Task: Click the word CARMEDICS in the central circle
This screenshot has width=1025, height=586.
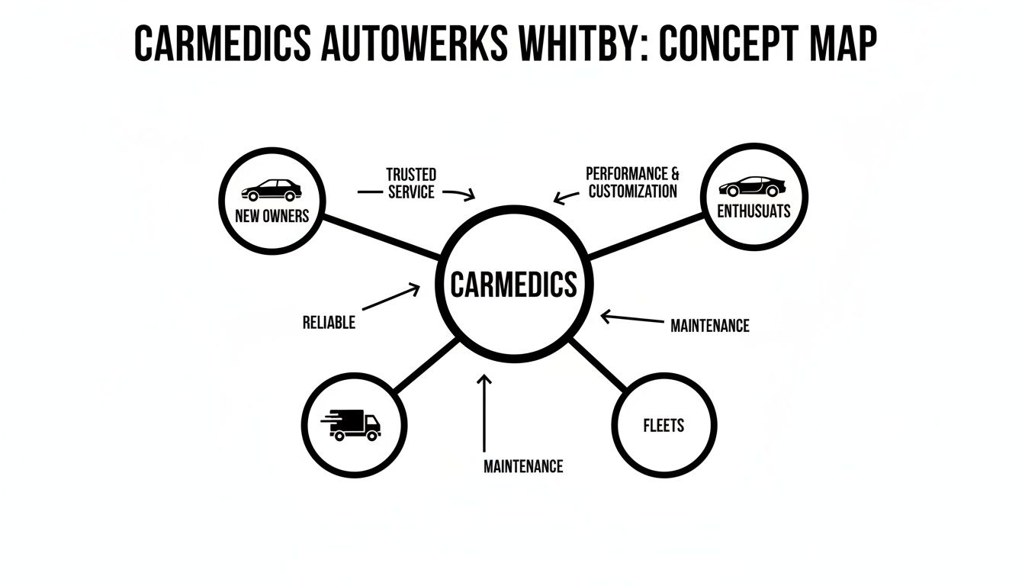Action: click(x=513, y=285)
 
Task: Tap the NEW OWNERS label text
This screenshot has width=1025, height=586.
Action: click(x=272, y=216)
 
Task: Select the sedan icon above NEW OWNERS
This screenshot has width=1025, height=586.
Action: click(x=272, y=190)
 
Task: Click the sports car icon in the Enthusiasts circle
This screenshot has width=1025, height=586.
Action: click(x=752, y=187)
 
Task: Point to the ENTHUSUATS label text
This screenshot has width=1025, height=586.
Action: click(x=753, y=211)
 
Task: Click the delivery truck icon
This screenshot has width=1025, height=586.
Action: click(x=354, y=425)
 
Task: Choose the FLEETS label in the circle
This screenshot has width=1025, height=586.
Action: click(x=664, y=426)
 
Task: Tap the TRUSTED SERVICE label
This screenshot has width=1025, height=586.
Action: click(x=411, y=184)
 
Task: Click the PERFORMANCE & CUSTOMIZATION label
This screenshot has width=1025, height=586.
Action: click(x=632, y=182)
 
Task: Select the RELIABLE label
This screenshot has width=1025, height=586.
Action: click(x=329, y=322)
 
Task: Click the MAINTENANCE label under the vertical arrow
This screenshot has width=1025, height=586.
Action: click(x=523, y=465)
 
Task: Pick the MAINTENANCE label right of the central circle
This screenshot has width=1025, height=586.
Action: click(x=709, y=326)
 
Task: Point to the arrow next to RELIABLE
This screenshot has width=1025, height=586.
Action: click(x=390, y=298)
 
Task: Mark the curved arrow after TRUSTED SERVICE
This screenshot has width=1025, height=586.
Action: click(x=459, y=194)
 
